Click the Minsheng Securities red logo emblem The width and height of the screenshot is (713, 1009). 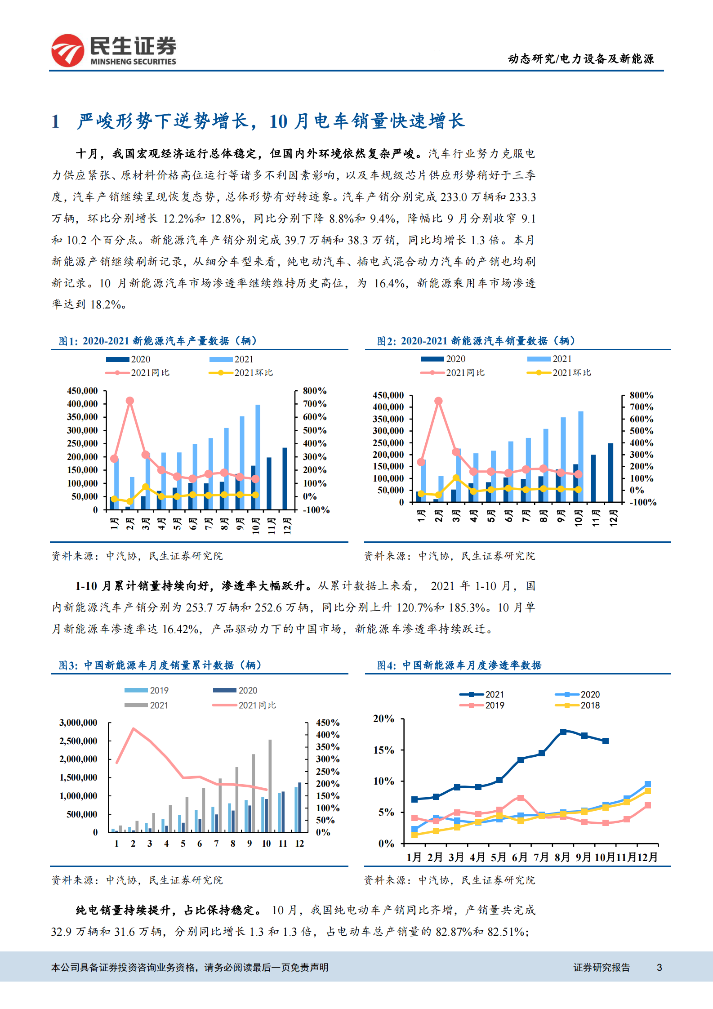[67, 50]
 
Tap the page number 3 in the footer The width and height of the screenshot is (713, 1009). [659, 967]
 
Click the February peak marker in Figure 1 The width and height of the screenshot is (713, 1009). [130, 401]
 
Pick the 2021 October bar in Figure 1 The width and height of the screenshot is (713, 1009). [258, 456]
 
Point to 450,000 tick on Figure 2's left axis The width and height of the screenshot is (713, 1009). [388, 395]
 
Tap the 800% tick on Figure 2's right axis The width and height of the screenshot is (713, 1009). [641, 395]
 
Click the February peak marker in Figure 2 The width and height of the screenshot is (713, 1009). [438, 401]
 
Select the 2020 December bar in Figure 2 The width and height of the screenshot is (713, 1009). [611, 473]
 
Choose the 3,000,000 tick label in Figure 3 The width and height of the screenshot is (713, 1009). [78, 723]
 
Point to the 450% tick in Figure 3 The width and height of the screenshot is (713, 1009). [328, 723]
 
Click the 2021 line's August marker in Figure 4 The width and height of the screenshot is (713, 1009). [563, 732]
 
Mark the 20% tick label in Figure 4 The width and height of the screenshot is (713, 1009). [383, 719]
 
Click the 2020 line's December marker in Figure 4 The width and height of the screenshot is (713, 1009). [648, 784]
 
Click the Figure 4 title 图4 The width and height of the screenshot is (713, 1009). [386, 665]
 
